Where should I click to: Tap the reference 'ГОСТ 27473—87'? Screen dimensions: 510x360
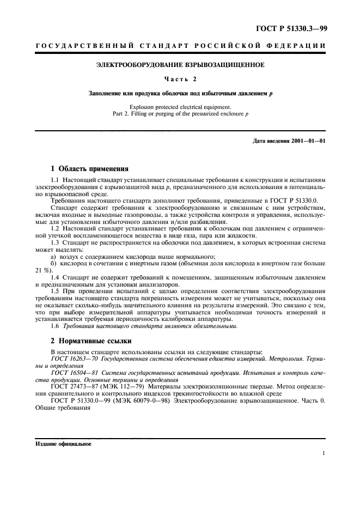[75, 386]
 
